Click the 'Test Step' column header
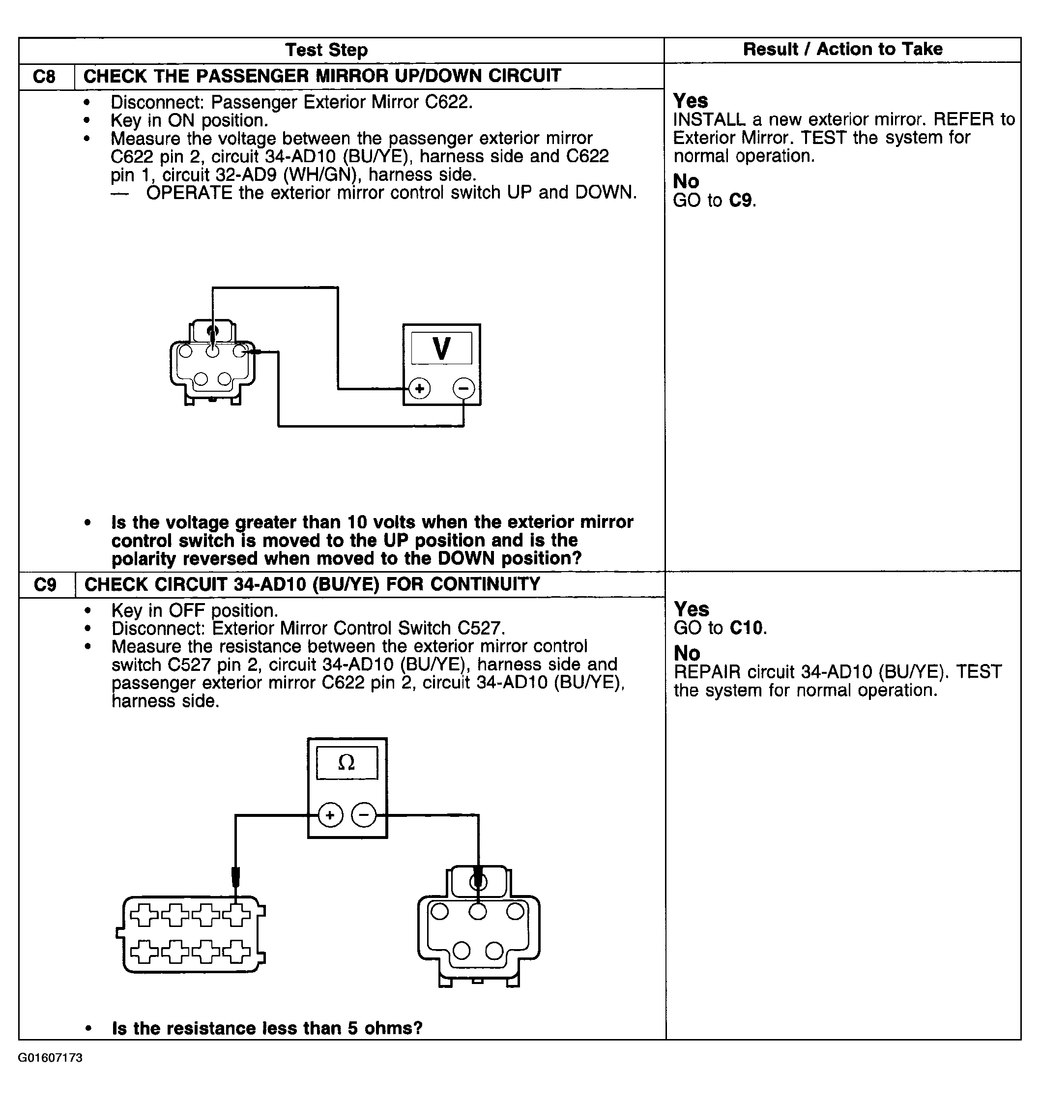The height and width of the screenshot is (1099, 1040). pos(326,50)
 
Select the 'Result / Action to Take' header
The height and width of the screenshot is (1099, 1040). pos(842,49)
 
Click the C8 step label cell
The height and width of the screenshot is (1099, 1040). pos(44,76)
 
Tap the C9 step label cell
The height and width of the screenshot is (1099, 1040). pos(45,584)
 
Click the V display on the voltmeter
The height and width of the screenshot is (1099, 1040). pos(441,348)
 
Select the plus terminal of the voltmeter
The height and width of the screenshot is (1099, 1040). pos(420,388)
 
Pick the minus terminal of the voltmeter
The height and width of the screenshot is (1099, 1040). pos(463,388)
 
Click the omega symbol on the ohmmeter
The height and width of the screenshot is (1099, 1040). pos(347,763)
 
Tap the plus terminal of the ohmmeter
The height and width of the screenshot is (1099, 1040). pos(330,815)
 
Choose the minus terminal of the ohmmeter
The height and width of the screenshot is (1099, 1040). pos(364,815)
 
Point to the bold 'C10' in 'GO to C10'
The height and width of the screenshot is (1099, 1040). pos(747,628)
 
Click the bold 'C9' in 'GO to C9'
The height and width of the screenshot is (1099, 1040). pos(742,200)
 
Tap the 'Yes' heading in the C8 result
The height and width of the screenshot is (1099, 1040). pos(690,101)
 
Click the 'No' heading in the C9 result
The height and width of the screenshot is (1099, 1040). pos(687,653)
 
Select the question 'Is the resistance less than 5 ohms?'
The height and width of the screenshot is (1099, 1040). pos(267,1028)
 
